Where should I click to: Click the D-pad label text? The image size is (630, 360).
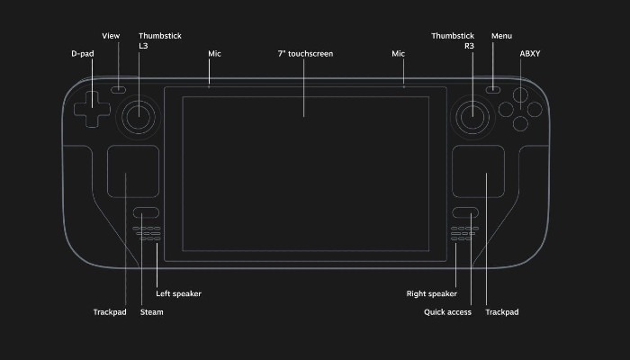click(82, 54)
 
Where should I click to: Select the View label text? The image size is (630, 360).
click(111, 36)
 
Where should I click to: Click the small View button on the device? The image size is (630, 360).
click(119, 90)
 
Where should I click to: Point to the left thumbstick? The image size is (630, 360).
click(139, 115)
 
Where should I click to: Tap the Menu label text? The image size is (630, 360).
click(501, 36)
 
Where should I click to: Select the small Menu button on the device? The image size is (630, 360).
click(493, 90)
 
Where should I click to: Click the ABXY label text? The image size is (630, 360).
click(530, 54)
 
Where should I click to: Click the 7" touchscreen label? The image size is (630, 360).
click(305, 54)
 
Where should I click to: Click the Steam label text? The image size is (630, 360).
click(151, 312)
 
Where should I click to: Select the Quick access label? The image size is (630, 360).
click(447, 312)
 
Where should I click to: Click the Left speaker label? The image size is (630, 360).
click(178, 293)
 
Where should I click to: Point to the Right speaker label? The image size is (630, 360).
click(430, 293)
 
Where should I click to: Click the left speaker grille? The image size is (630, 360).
click(148, 234)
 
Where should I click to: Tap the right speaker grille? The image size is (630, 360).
click(464, 234)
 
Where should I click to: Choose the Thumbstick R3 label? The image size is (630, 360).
click(452, 41)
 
